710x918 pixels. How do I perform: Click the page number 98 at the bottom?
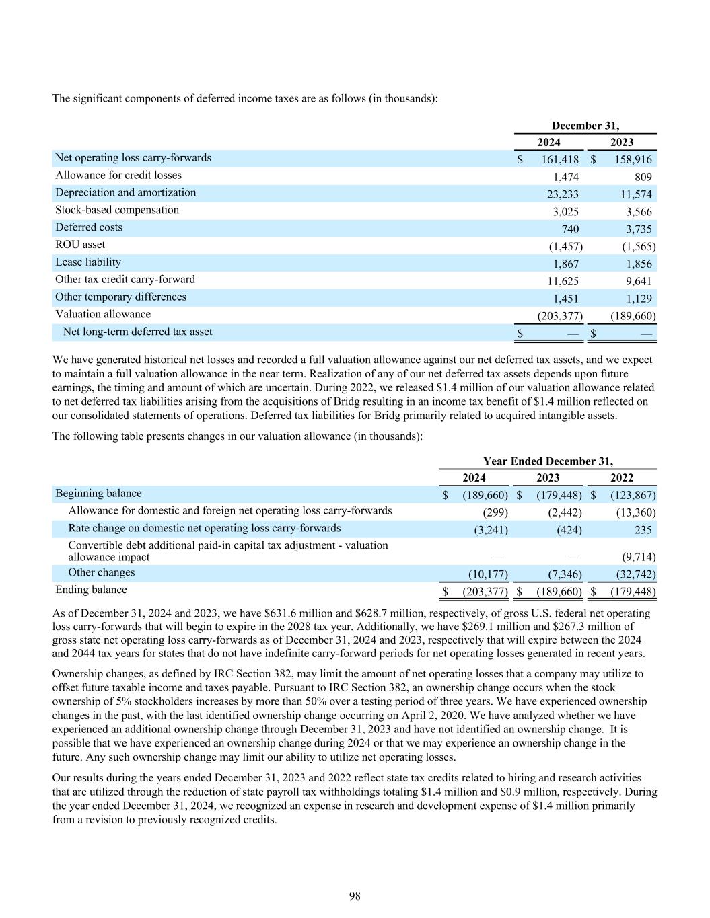click(355, 896)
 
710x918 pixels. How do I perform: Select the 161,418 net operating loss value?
click(560, 160)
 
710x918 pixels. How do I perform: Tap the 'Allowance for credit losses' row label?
click(118, 175)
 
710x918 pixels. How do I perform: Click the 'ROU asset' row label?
click(80, 244)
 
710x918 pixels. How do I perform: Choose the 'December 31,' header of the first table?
click(585, 126)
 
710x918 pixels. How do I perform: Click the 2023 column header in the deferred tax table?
click(621, 142)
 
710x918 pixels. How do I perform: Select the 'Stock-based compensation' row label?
click(117, 210)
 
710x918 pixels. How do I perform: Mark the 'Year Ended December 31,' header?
click(548, 461)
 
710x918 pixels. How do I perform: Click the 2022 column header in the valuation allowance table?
click(621, 477)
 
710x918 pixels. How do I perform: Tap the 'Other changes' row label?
click(102, 572)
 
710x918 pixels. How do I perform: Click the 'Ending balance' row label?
click(91, 590)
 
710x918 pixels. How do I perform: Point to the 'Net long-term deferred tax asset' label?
click(137, 332)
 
